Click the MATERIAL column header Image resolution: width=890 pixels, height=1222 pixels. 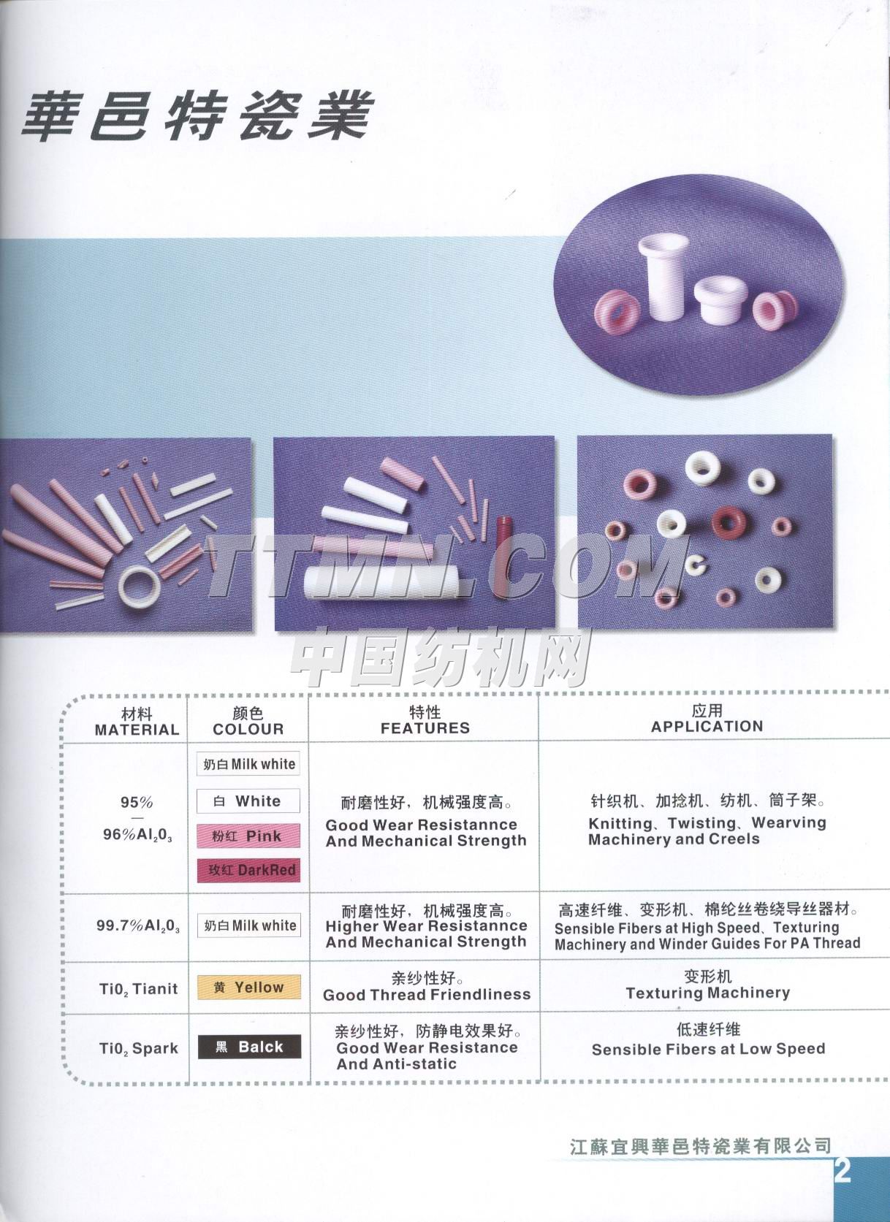pos(137,730)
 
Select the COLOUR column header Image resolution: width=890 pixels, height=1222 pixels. pos(248,730)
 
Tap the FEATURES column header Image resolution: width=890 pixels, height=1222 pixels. pos(425,728)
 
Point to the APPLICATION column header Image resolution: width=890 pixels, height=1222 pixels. pos(707,727)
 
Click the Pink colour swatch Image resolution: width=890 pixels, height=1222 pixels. pos(248,836)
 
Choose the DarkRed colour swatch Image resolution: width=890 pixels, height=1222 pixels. pos(248,870)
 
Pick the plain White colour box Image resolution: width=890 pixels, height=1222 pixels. pos(248,801)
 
